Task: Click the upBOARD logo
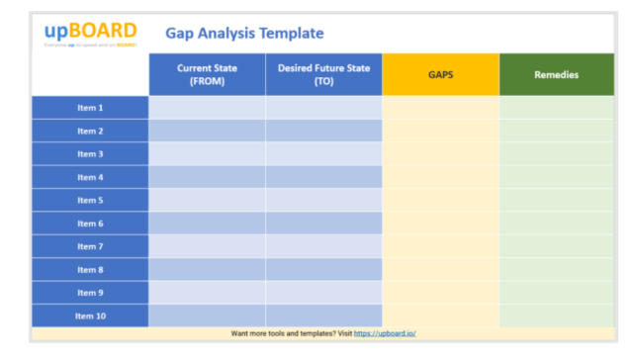click(x=91, y=32)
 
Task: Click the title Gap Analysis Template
click(x=244, y=33)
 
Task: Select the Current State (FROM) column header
click(x=207, y=74)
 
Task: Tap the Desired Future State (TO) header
click(x=323, y=74)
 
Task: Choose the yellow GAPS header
click(x=440, y=74)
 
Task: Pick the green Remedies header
click(x=556, y=74)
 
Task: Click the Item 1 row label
click(x=90, y=107)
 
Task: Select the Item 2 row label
click(x=90, y=131)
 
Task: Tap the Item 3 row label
click(x=90, y=153)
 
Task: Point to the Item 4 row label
click(x=90, y=177)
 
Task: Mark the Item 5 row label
click(x=90, y=200)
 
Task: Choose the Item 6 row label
click(x=90, y=224)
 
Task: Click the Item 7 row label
click(x=90, y=246)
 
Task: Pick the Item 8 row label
click(x=90, y=269)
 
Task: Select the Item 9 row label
click(x=90, y=293)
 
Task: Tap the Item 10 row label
click(x=90, y=315)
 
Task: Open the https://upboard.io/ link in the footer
click(x=384, y=333)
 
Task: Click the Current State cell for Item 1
click(x=207, y=107)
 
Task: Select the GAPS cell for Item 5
click(x=440, y=200)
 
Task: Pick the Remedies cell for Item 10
click(x=556, y=315)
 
